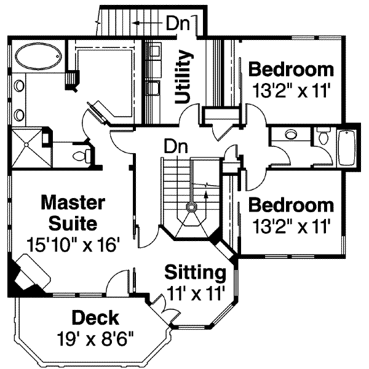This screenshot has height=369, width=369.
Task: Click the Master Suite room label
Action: point(73,210)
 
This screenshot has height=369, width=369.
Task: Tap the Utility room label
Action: point(183,76)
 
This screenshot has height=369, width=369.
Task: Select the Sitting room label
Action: point(195,271)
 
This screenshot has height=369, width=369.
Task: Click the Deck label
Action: point(95,318)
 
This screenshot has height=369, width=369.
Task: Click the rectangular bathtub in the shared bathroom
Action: point(347,148)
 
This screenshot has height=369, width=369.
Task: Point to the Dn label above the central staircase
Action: point(175,147)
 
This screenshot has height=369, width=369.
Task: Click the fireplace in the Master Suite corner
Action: point(27,274)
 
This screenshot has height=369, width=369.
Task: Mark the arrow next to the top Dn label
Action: point(146,23)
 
